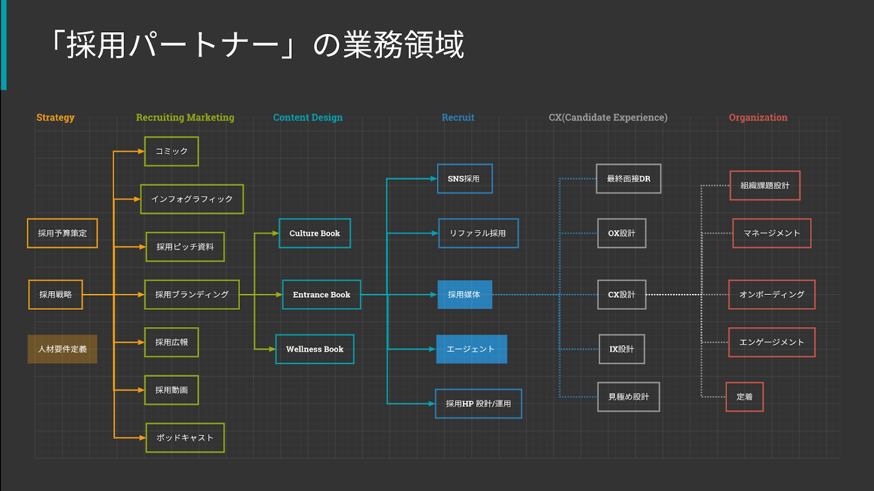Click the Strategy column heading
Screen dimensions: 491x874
coord(55,118)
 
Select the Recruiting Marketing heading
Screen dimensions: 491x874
coord(185,118)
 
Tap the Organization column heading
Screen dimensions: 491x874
coord(757,118)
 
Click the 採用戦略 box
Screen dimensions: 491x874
coord(56,294)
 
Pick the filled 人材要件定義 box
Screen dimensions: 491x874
coord(62,349)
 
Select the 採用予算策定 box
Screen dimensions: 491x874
coord(62,233)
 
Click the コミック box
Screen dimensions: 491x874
coord(171,151)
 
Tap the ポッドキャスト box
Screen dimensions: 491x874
coord(185,438)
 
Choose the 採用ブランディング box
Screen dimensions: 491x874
coord(192,294)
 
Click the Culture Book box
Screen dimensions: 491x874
coord(314,233)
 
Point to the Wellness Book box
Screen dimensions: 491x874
coord(314,349)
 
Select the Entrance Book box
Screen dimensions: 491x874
coord(322,294)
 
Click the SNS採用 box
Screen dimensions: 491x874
coord(464,178)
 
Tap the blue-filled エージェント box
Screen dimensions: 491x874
coord(471,349)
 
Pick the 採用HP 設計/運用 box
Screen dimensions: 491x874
coord(478,404)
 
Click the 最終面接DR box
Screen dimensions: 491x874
coord(628,178)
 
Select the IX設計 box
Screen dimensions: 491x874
coord(622,349)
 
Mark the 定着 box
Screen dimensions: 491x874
coord(744,397)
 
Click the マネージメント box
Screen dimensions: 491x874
coord(771,233)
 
